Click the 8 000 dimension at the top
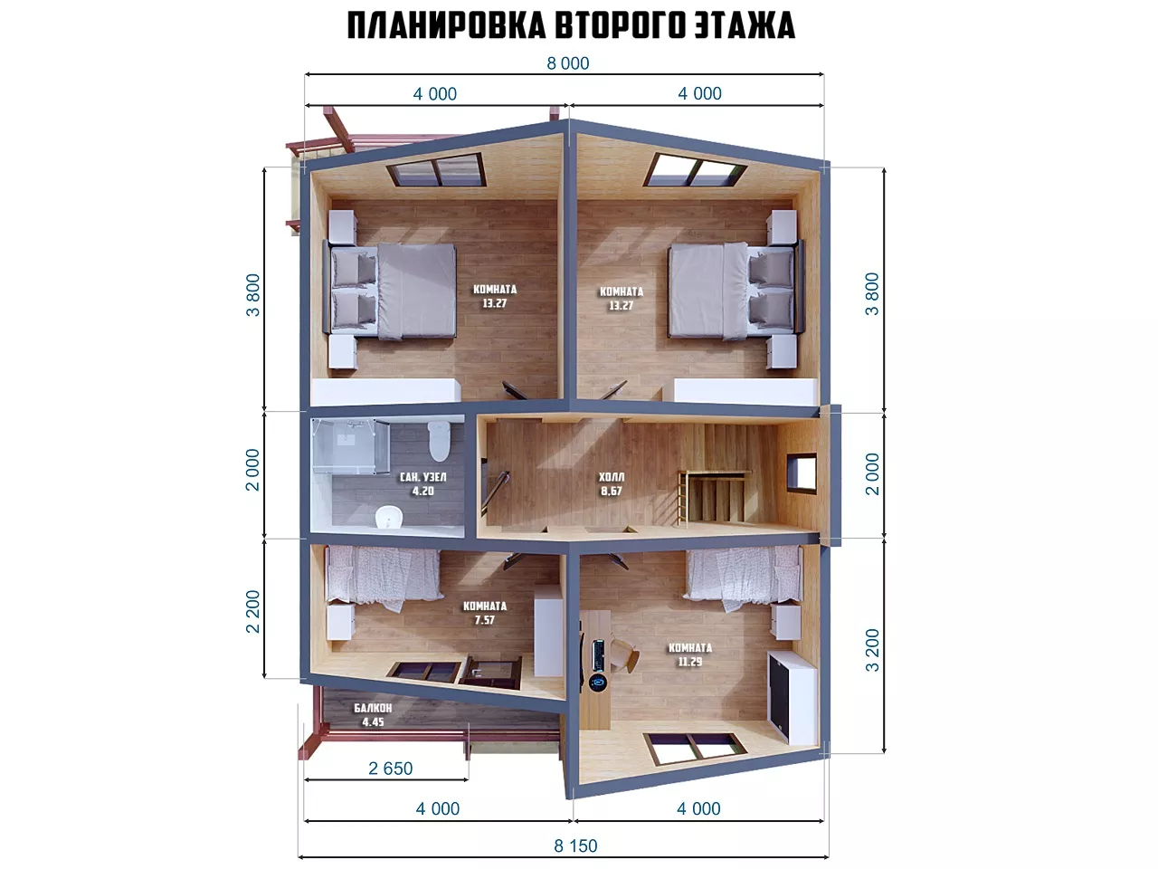click(567, 63)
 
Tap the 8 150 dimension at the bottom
click(575, 845)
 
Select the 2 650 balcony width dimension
click(391, 769)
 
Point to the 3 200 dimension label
click(872, 650)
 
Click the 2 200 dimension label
click(252, 612)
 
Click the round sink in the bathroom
click(389, 516)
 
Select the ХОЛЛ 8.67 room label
click(612, 483)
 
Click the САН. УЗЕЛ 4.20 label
click(423, 483)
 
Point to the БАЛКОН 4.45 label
click(373, 715)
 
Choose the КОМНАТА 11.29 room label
click(690, 654)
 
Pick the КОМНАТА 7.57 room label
click(485, 613)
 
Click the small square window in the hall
click(802, 473)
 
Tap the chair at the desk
click(625, 655)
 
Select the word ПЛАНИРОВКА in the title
click(446, 24)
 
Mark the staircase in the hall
click(713, 498)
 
